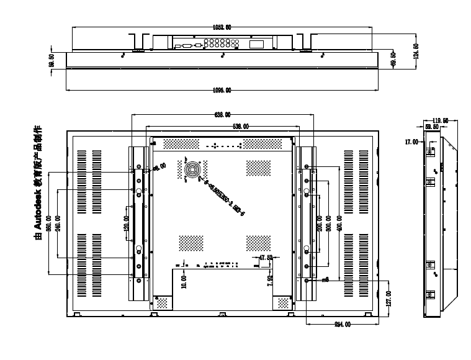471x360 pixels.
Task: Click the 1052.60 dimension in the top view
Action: (222, 27)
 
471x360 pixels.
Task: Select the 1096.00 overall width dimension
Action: (222, 90)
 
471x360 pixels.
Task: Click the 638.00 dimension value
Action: (222, 115)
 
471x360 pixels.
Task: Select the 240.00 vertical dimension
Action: (57, 223)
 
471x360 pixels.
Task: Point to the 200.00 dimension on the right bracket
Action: (320, 222)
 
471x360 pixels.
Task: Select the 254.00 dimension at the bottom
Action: (343, 324)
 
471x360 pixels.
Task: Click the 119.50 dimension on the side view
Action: (441, 121)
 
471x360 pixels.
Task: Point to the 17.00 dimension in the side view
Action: (411, 142)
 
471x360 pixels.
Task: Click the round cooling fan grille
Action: (192, 169)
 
